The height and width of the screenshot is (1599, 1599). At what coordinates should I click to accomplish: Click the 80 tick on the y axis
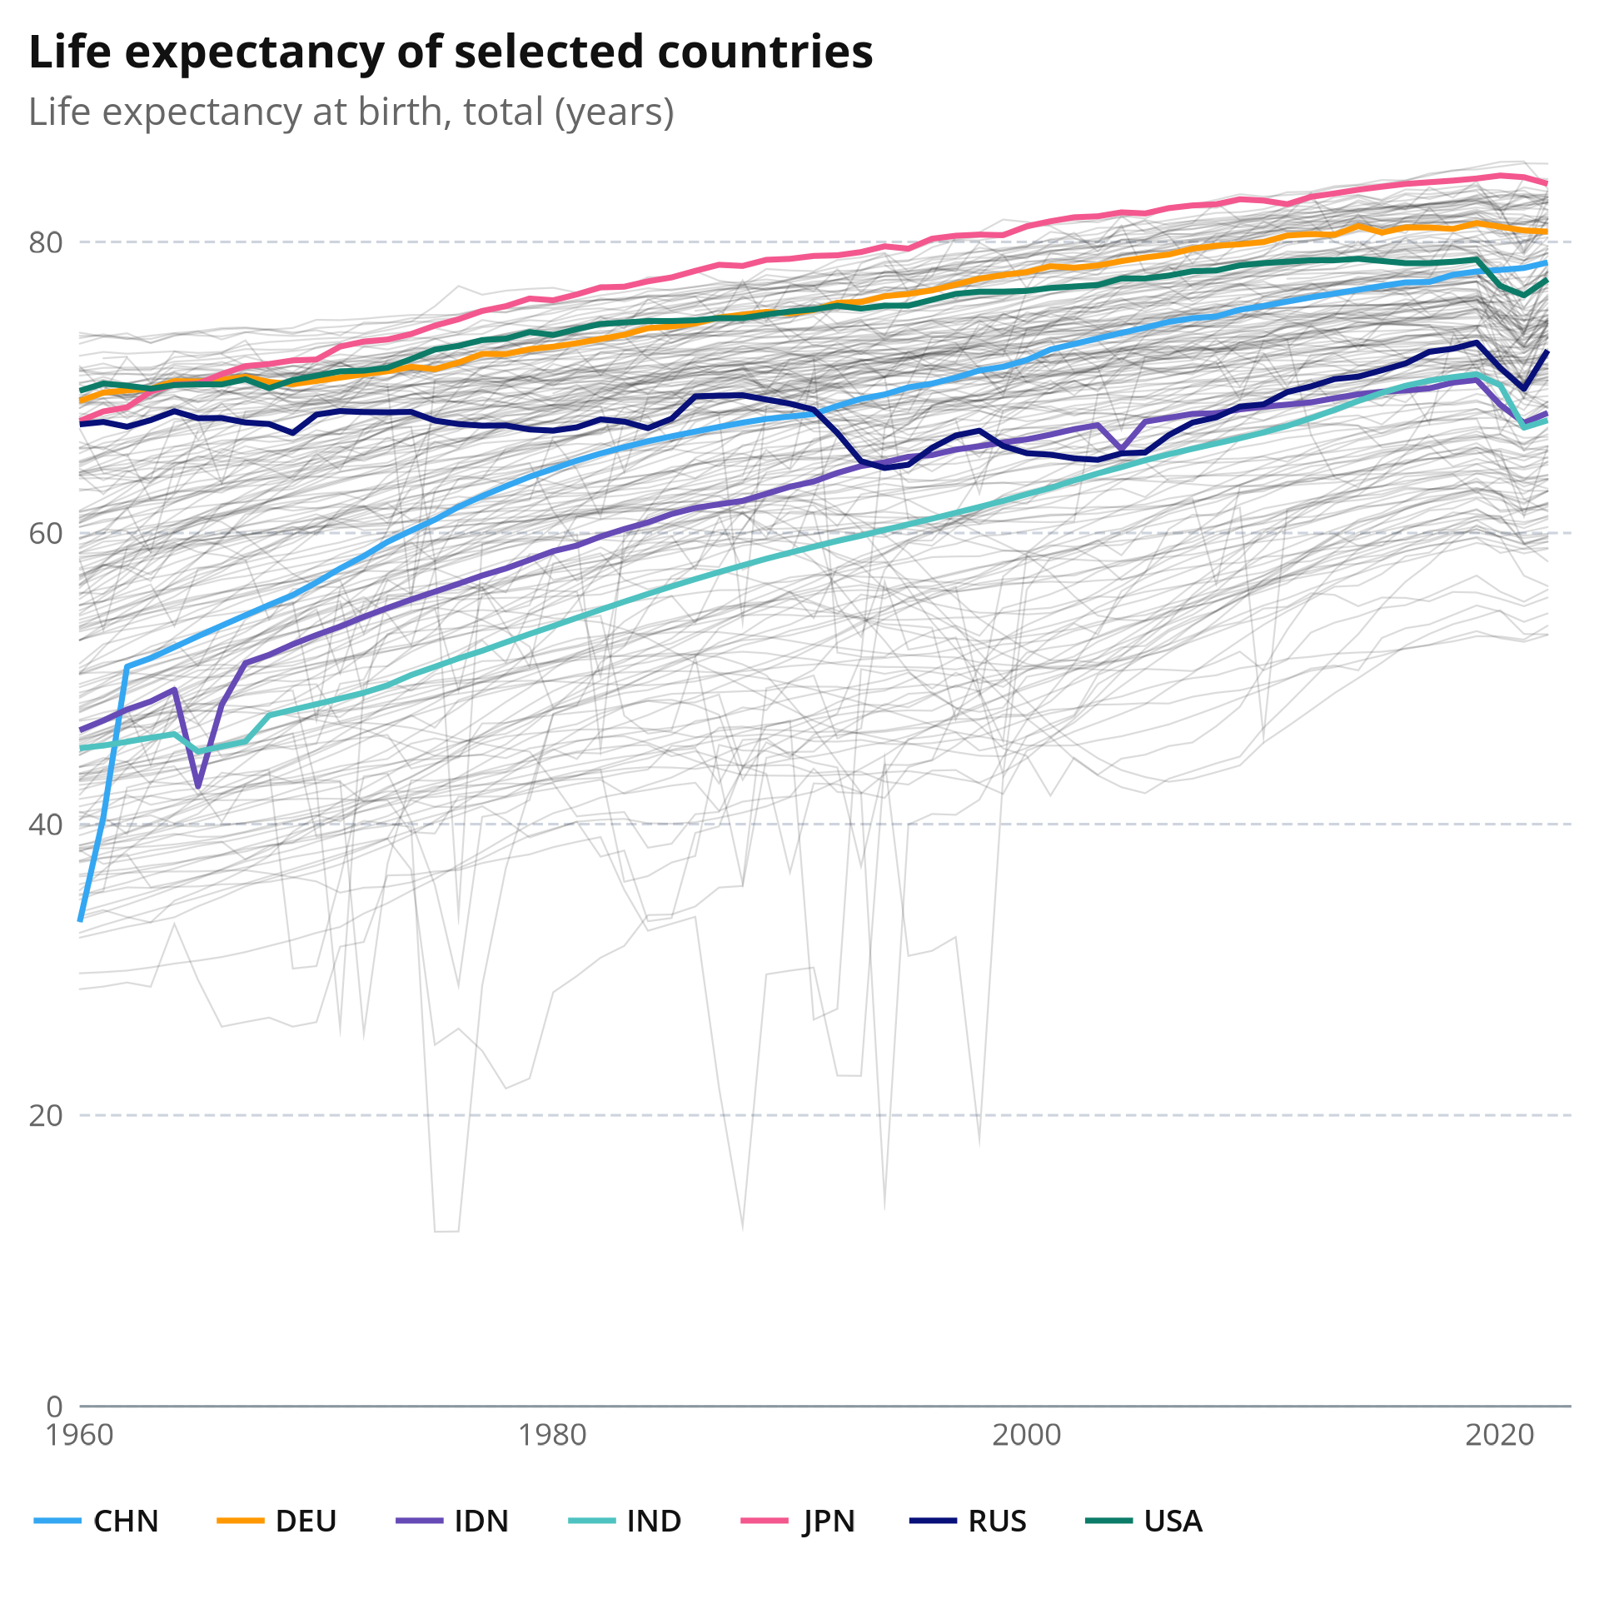pos(46,242)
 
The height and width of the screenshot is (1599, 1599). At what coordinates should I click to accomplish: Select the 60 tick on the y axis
pos(46,533)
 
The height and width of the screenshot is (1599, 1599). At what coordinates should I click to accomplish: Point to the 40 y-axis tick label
pos(46,824)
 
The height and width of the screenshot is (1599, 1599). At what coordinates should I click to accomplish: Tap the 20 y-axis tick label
pos(46,1115)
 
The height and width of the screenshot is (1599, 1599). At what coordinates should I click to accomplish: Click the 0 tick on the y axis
pos(55,1406)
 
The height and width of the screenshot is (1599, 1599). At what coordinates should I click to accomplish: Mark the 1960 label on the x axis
pos(80,1435)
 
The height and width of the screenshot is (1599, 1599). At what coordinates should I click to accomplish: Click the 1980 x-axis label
pos(553,1435)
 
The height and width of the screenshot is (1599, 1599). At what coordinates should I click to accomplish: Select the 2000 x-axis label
pos(1026,1435)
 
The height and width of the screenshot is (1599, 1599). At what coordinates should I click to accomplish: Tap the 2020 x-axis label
pos(1499,1435)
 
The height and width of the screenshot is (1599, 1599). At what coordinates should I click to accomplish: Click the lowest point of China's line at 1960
pos(80,919)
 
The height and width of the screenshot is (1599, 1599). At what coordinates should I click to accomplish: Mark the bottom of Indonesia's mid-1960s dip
pos(198,786)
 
